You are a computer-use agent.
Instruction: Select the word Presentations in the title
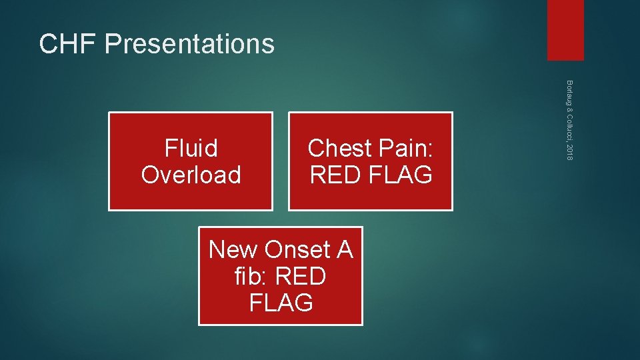189,44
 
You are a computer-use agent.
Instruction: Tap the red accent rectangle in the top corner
565,30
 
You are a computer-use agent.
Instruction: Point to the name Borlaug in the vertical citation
569,93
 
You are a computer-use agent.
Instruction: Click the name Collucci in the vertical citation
569,126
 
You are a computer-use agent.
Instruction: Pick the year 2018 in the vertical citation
569,151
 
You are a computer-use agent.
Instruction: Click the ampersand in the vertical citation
569,109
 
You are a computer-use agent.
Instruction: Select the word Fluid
191,148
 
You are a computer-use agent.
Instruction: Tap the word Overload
191,175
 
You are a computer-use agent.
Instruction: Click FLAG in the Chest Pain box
400,175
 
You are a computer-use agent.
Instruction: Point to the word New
233,249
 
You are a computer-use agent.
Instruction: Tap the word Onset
297,249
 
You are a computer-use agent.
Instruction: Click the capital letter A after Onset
344,249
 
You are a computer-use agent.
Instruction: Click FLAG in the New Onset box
281,303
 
